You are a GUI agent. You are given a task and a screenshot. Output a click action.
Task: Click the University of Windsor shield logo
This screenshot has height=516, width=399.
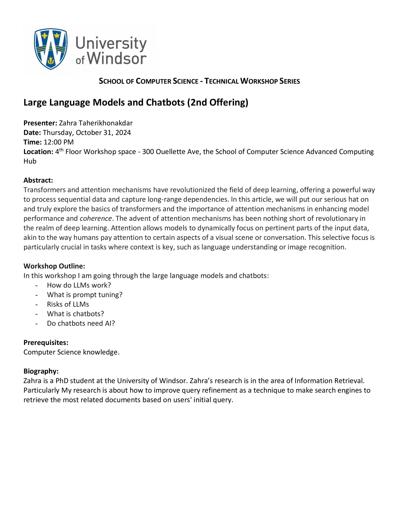51,49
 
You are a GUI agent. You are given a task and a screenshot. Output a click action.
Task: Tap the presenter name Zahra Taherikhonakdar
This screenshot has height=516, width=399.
96,123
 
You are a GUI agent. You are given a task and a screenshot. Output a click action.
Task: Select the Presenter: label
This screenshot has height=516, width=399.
40,123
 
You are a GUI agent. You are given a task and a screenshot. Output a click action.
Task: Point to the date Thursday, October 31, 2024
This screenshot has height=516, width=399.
87,133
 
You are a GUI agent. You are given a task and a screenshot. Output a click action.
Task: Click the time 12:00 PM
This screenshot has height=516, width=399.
59,142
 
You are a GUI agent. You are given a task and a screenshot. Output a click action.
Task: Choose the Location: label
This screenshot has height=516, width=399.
38,152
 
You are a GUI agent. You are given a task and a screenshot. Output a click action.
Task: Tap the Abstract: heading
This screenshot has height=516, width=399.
38,180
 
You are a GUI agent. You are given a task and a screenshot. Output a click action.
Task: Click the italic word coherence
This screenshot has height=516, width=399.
96,219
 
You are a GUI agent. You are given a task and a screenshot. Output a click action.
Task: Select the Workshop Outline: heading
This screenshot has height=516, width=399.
54,266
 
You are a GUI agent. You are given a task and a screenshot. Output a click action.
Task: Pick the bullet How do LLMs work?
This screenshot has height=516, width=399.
79,285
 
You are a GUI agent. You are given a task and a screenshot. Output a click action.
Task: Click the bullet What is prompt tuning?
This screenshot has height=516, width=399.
84,295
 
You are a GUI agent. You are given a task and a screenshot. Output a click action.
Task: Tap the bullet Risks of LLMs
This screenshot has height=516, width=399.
68,304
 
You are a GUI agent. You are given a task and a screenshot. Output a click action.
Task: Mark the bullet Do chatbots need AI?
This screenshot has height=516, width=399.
81,323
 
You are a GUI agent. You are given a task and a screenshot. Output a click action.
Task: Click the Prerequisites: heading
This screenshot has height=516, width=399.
46,343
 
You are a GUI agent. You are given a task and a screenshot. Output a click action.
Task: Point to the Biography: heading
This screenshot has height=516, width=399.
41,371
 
